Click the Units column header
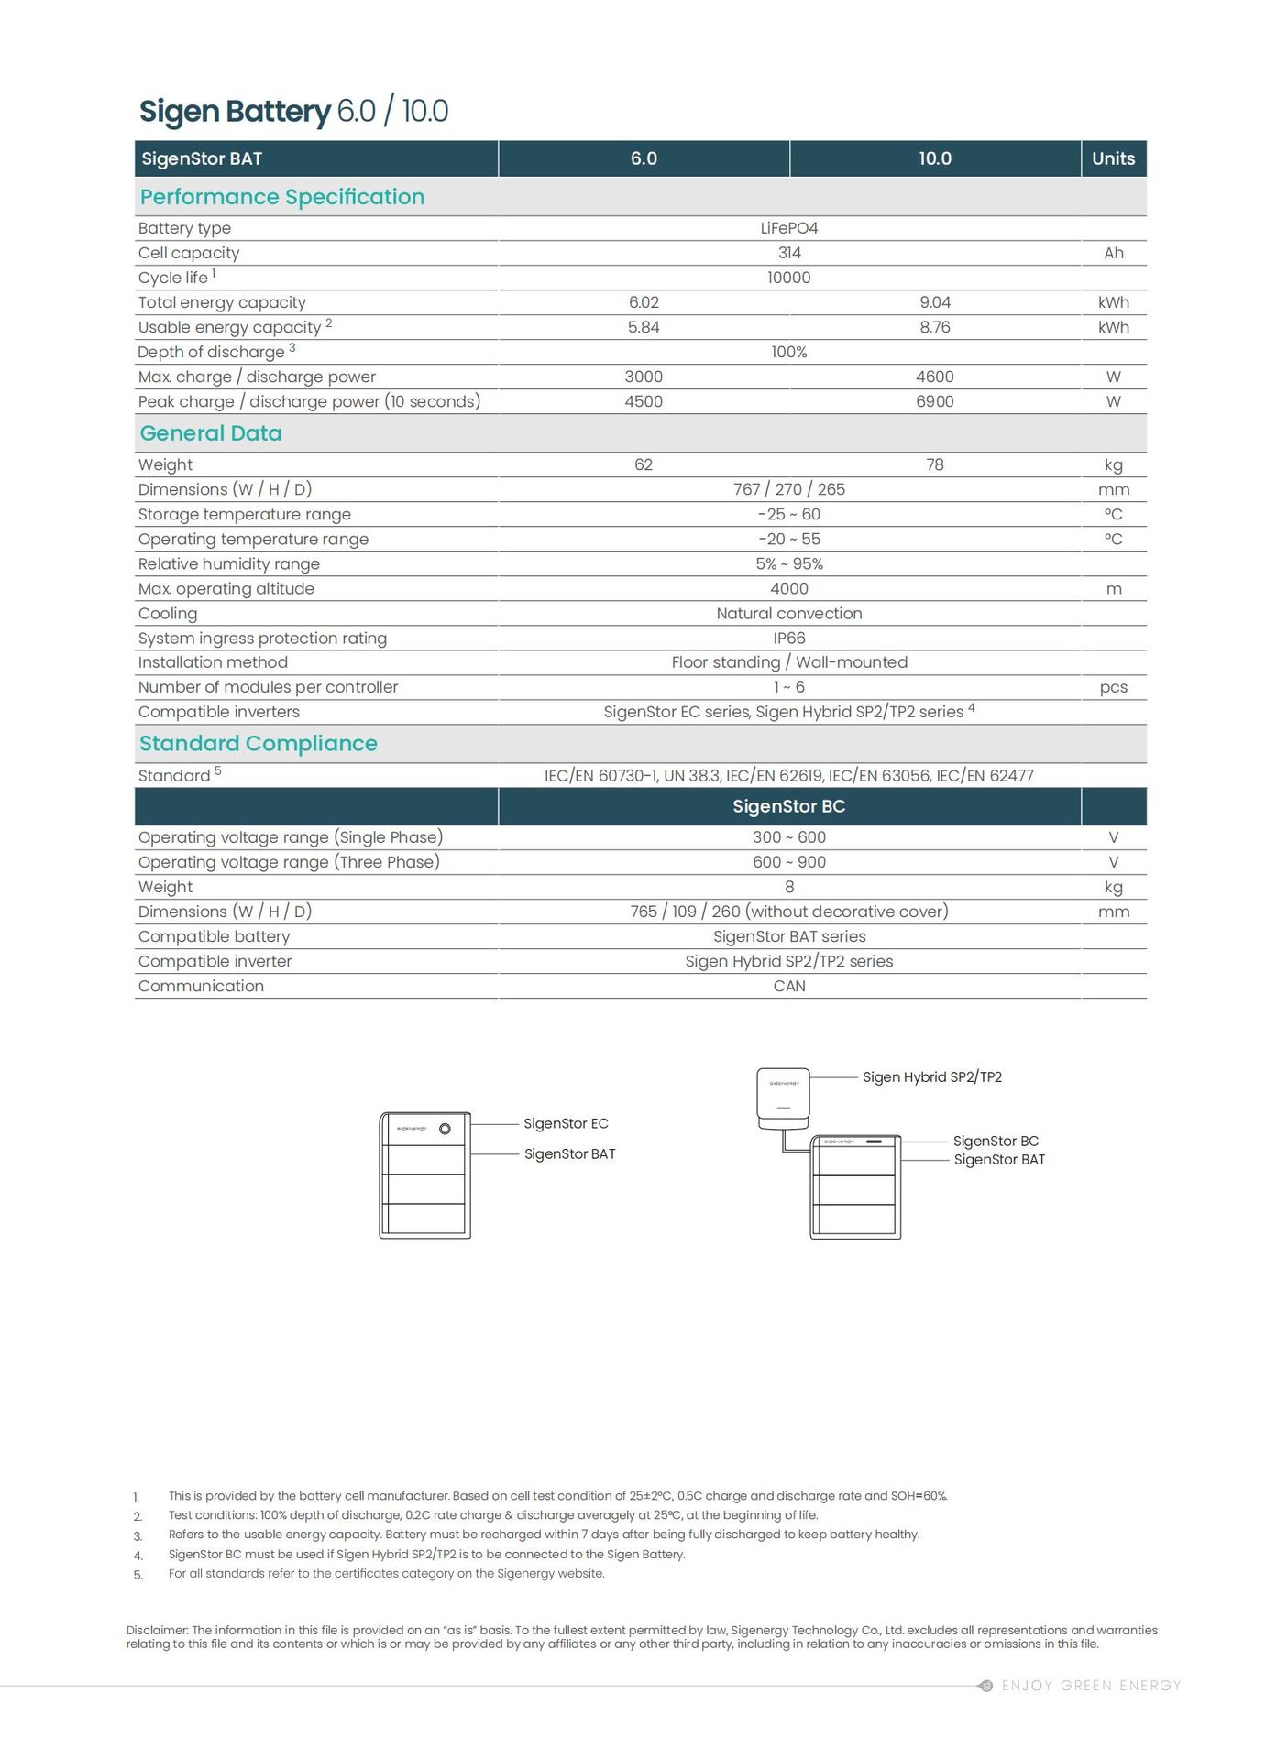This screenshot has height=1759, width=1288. [x=1113, y=158]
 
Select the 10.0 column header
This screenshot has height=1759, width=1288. [x=934, y=158]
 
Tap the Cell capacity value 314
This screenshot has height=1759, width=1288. [x=788, y=253]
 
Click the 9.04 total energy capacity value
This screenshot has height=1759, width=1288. [x=934, y=302]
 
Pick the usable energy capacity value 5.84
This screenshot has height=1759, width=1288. [x=644, y=327]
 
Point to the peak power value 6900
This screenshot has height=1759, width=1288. [x=934, y=401]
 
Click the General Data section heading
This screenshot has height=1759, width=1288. [x=211, y=433]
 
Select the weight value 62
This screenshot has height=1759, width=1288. [x=644, y=464]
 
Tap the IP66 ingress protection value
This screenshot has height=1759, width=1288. [x=788, y=638]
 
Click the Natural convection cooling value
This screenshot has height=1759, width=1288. [x=788, y=613]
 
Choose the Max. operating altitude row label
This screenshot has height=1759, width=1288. [x=226, y=588]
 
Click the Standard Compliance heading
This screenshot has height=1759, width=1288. [x=258, y=743]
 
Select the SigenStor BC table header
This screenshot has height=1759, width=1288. [x=788, y=806]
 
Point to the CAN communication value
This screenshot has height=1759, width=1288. [x=788, y=986]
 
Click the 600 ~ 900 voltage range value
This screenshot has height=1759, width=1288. [x=788, y=862]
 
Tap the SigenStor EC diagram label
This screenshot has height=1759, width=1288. [x=566, y=1123]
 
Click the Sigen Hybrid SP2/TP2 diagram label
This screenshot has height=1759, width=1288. [x=931, y=1077]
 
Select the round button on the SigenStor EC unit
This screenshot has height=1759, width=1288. [x=446, y=1129]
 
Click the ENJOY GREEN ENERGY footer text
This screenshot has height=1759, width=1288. [x=1090, y=1686]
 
